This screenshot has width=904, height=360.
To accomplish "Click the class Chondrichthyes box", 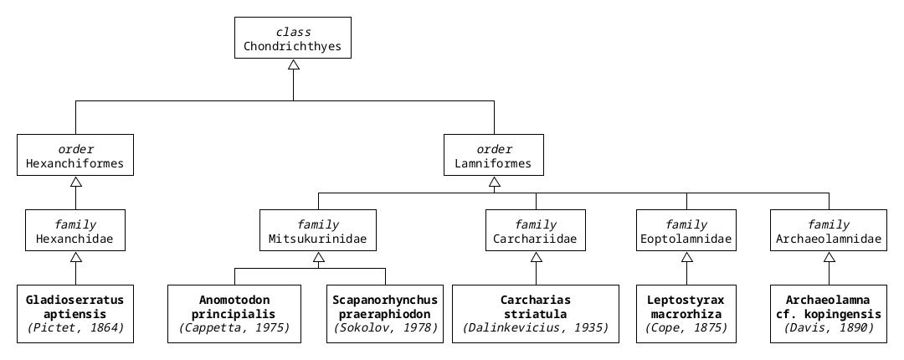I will click(293, 38).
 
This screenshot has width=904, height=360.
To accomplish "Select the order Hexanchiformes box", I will click(75, 155).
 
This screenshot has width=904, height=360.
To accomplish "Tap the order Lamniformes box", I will click(494, 155).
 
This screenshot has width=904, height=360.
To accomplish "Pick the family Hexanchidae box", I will click(75, 230).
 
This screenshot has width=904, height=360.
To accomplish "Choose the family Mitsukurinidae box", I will click(318, 230).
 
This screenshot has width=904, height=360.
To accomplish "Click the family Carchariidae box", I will click(536, 230).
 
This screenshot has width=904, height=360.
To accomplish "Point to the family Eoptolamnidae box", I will click(686, 230).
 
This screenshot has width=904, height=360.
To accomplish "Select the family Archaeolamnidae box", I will click(829, 230).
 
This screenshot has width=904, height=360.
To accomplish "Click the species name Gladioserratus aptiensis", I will click(75, 306).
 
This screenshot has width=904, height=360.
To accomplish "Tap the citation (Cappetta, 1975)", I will click(234, 328).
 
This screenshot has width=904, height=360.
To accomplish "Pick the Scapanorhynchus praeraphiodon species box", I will click(385, 314).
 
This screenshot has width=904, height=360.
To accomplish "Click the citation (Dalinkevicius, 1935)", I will click(536, 328).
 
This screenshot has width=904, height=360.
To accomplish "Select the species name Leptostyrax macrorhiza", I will click(686, 306).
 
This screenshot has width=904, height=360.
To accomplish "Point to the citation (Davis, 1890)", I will click(829, 328).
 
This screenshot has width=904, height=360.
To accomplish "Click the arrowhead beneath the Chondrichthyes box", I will click(293, 64).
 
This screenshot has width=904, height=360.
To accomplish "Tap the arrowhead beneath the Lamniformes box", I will click(494, 182).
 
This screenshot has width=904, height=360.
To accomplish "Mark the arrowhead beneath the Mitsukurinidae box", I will click(318, 257).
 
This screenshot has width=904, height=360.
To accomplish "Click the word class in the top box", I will click(293, 31).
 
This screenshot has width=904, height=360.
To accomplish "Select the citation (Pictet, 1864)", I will click(75, 328).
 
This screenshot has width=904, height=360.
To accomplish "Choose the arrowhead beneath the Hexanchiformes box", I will click(75, 182).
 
